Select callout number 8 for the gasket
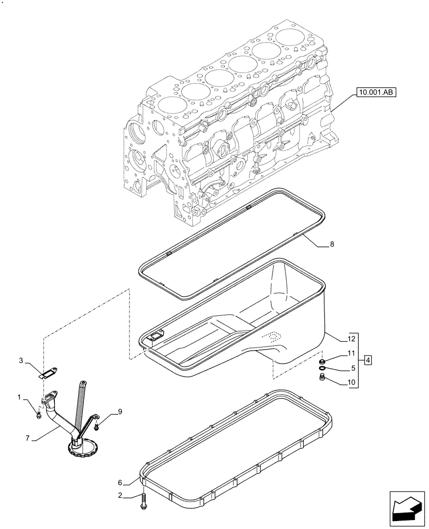[331, 244]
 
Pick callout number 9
[120, 411]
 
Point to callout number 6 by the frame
[120, 482]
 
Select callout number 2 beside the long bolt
[120, 496]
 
